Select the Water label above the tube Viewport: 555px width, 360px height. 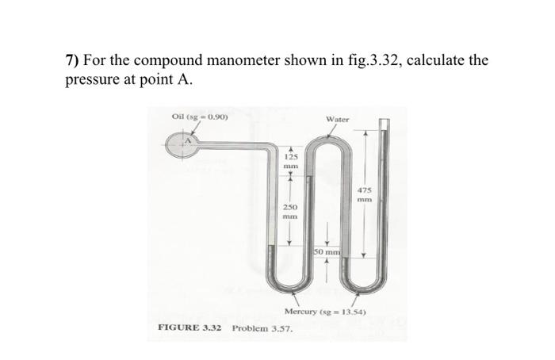(337, 119)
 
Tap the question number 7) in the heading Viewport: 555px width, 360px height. (72, 60)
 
